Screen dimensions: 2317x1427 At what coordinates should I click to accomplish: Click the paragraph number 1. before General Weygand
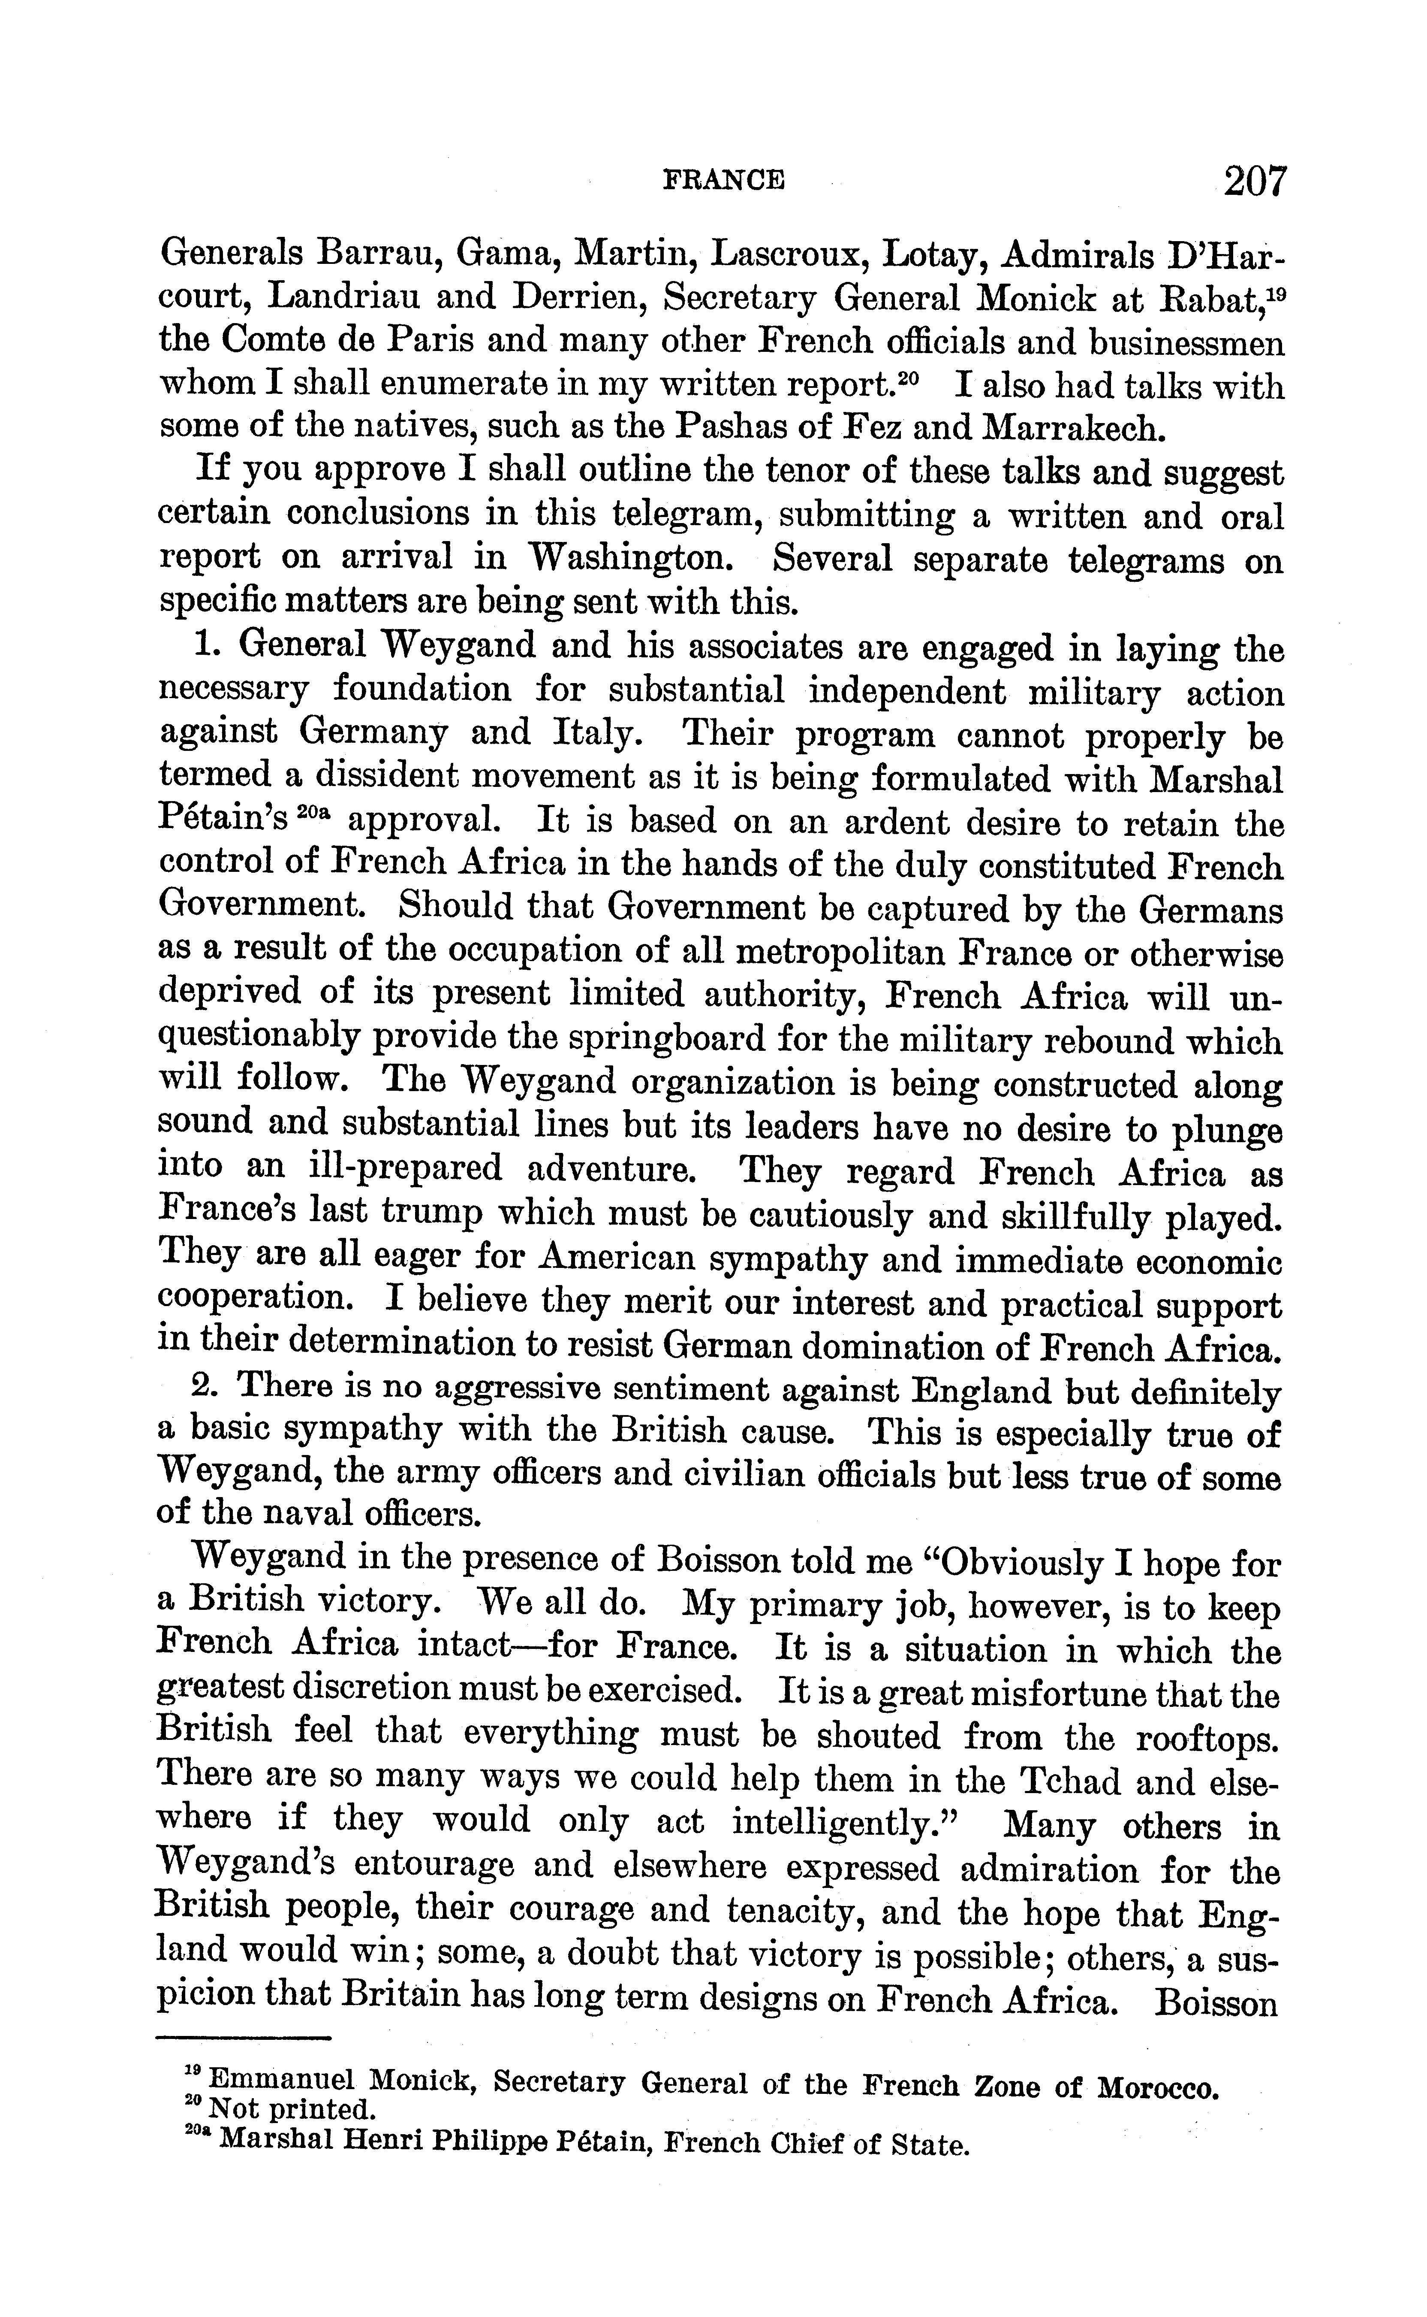pos(208,645)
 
